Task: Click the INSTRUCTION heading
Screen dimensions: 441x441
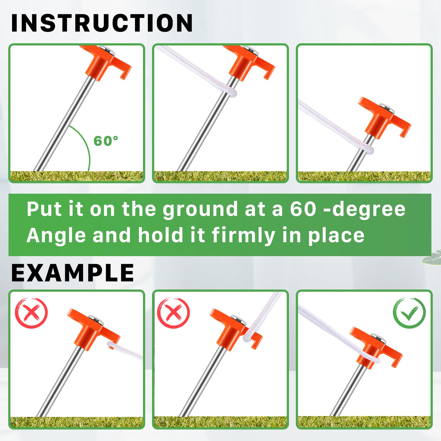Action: pyautogui.click(x=102, y=23)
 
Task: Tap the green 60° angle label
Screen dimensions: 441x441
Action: pyautogui.click(x=106, y=141)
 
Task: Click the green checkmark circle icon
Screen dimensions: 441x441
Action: pyautogui.click(x=409, y=313)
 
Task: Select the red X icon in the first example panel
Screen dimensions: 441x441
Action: pyautogui.click(x=31, y=313)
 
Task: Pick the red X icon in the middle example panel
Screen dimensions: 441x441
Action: pyautogui.click(x=173, y=313)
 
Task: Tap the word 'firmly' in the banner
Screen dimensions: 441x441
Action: pyautogui.click(x=243, y=236)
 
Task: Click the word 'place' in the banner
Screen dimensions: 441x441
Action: pyautogui.click(x=336, y=236)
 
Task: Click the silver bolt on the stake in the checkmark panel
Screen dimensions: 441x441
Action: pyautogui.click(x=379, y=339)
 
